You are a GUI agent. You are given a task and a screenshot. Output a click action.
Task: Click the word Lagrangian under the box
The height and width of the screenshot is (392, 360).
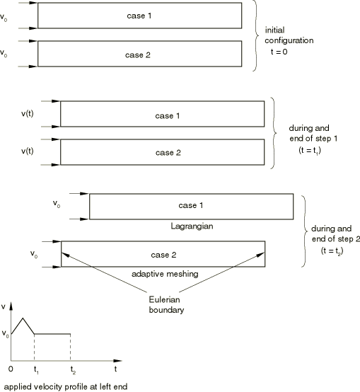pyautogui.click(x=192, y=226)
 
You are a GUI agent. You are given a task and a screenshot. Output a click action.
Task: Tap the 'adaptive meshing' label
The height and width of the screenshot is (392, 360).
pyautogui.click(x=165, y=274)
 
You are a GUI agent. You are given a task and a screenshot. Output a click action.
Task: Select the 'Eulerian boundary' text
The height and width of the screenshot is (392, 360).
pyautogui.click(x=166, y=304)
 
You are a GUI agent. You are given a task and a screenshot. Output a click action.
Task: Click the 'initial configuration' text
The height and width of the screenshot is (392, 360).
pyautogui.click(x=289, y=35)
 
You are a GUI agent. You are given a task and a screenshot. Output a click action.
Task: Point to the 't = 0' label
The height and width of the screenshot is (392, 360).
pyautogui.click(x=279, y=52)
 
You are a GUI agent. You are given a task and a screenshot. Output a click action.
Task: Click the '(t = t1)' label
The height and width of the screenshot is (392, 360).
pyautogui.click(x=310, y=150)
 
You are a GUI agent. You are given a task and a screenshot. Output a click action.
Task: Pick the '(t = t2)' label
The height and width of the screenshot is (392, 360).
pyautogui.click(x=332, y=250)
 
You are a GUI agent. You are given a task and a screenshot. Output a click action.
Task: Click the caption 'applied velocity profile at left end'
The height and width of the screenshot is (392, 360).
pyautogui.click(x=66, y=386)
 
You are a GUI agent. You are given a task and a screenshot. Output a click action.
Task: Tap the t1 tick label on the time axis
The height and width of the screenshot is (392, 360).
pyautogui.click(x=36, y=370)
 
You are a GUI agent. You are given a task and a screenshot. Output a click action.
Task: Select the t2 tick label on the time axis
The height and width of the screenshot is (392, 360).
pyautogui.click(x=73, y=370)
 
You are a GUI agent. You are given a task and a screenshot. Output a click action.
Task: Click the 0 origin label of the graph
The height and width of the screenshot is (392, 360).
pyautogui.click(x=11, y=369)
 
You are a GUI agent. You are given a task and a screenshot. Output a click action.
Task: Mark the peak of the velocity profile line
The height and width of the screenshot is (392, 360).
pyautogui.click(x=23, y=318)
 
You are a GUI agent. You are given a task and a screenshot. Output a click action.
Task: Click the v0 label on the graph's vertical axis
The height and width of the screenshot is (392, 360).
pyautogui.click(x=5, y=334)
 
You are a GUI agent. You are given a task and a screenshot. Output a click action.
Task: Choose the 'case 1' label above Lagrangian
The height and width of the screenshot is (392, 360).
pyautogui.click(x=191, y=205)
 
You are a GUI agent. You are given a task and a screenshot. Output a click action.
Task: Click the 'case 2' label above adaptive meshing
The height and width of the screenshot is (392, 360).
pyautogui.click(x=163, y=255)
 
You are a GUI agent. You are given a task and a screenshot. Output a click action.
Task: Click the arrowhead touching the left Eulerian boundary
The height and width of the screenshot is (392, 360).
pyautogui.click(x=66, y=255)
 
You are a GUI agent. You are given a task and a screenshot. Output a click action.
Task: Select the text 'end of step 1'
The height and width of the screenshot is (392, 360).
pyautogui.click(x=313, y=138)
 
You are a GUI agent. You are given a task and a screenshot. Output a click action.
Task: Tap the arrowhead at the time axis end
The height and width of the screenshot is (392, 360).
pyautogui.click(x=117, y=361)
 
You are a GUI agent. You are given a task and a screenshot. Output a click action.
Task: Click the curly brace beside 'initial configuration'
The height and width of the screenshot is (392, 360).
pyautogui.click(x=255, y=35)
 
